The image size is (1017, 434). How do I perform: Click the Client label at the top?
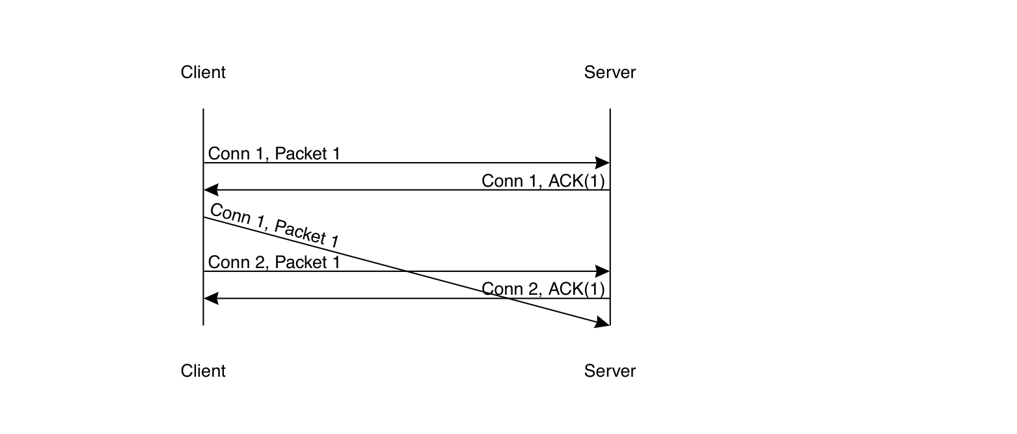pos(203,72)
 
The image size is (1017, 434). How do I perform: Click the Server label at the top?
pos(610,72)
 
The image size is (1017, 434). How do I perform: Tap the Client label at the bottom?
pos(203,371)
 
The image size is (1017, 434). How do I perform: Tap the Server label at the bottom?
pos(610,371)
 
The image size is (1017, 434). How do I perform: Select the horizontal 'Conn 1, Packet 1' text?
pos(274,154)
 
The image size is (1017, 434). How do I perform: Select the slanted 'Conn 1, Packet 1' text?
pos(274,225)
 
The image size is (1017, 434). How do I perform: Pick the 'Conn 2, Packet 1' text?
pos(274,262)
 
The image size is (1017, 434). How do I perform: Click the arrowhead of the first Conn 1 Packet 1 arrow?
pos(603,163)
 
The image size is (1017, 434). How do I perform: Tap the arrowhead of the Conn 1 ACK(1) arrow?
pos(211,190)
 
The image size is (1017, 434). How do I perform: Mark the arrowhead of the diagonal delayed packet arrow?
pos(603,322)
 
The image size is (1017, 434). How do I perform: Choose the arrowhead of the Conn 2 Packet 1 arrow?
pos(603,271)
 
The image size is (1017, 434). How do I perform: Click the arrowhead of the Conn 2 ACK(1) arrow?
pos(211,299)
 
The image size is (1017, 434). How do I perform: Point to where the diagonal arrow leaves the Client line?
pos(204,217)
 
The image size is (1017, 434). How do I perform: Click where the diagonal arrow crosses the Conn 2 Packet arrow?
pos(407,271)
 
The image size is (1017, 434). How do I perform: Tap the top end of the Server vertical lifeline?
pos(610,109)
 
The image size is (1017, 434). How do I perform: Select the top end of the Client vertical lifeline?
pos(204,109)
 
